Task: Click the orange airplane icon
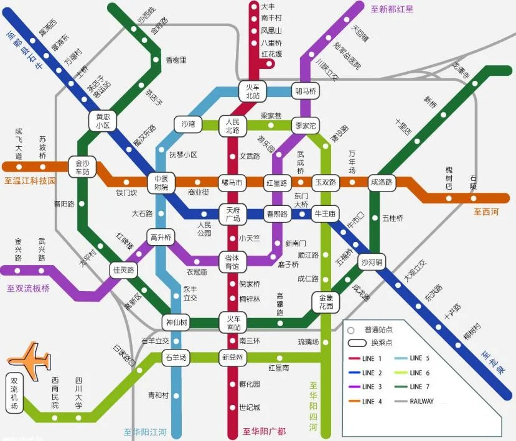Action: [29, 360]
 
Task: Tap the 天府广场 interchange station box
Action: [233, 215]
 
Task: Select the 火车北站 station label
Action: [253, 91]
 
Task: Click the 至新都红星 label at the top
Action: [392, 9]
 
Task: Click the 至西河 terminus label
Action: [486, 211]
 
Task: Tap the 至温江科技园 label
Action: [30, 181]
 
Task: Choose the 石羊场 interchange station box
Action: [175, 357]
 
